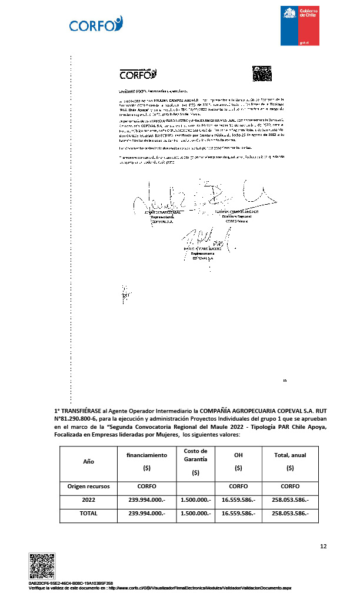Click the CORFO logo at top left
point(95,24)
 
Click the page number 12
point(323,546)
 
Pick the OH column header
point(238,455)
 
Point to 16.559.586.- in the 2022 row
point(238,499)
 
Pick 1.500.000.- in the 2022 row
point(195,499)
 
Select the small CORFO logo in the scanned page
point(138,75)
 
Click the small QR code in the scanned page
point(262,74)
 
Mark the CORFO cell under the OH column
point(238,487)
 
